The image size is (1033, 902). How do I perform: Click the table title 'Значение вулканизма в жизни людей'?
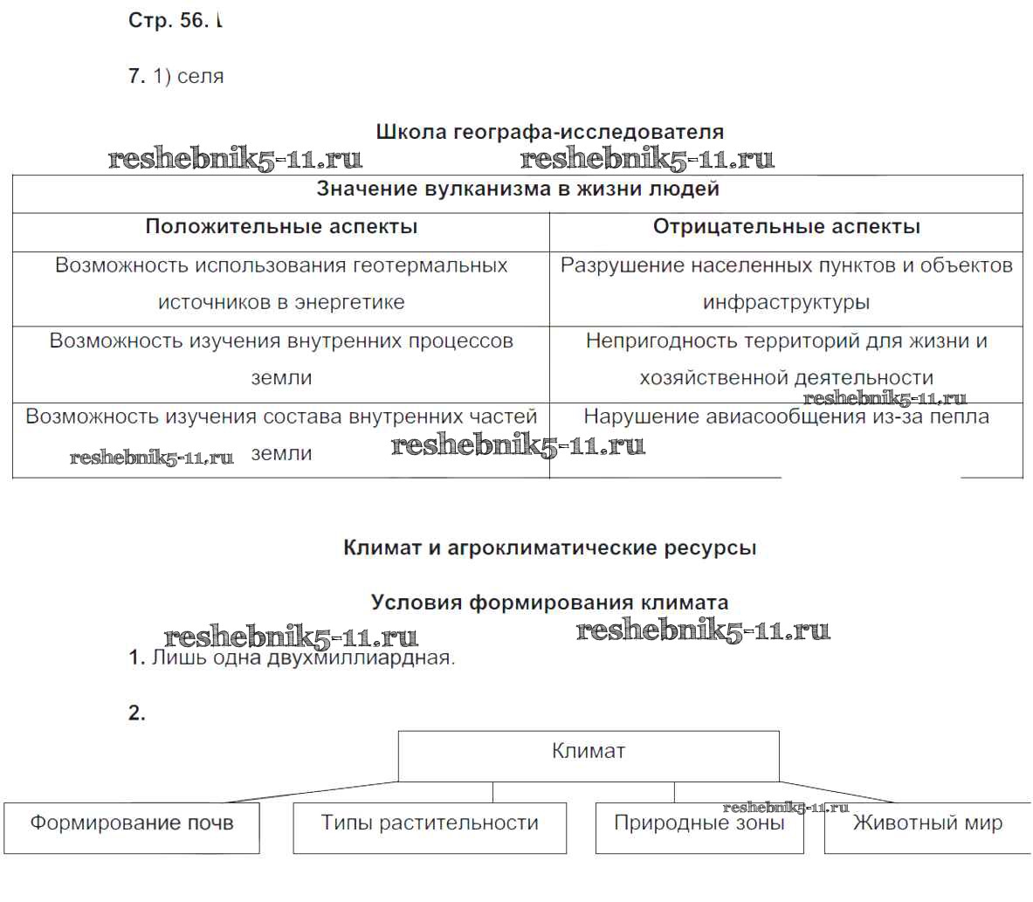tap(517, 189)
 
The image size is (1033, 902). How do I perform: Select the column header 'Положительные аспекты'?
tap(281, 227)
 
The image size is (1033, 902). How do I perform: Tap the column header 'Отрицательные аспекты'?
tap(786, 227)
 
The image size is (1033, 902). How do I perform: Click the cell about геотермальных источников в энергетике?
tap(281, 284)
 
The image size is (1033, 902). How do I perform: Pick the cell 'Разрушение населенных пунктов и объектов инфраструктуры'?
tap(786, 284)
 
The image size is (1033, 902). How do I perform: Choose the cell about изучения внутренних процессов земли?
tap(281, 359)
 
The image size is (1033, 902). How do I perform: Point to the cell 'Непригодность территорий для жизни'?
tap(786, 359)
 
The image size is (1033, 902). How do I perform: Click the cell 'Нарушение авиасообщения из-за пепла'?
tap(786, 417)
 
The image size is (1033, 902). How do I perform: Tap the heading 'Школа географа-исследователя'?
tap(549, 132)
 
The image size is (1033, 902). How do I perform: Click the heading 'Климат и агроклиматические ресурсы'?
tap(549, 548)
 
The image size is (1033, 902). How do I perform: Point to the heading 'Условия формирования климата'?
tap(549, 602)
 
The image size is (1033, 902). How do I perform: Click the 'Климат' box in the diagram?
tap(589, 752)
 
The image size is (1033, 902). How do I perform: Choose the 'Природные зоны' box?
tap(699, 825)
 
